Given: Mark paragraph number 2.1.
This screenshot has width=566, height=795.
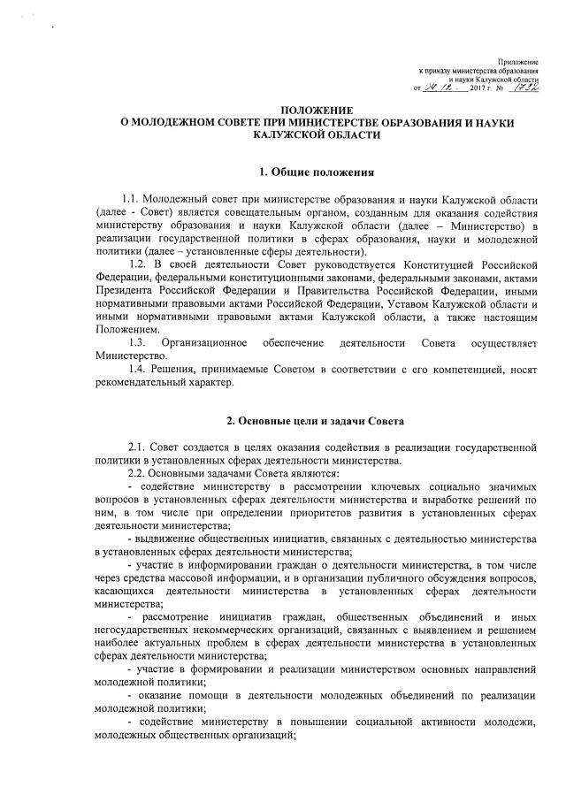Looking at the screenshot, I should point(139,447).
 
